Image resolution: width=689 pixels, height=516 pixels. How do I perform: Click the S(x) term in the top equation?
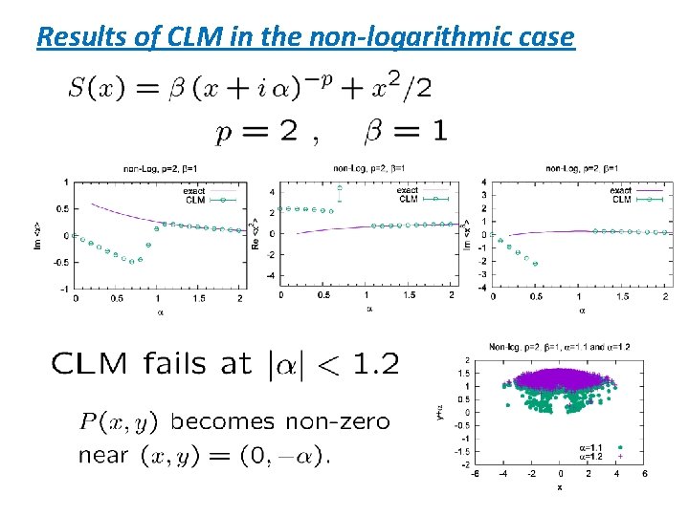click(x=93, y=89)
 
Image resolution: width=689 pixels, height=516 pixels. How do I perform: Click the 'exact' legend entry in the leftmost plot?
click(x=194, y=191)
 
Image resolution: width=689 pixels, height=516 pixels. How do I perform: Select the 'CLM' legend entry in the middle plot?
click(x=408, y=199)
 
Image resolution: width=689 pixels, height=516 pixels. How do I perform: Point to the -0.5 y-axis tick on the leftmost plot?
click(x=59, y=262)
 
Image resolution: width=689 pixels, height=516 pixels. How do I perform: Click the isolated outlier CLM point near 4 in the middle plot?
click(x=340, y=189)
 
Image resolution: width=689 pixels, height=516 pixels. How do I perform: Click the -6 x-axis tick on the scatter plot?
click(x=476, y=475)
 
